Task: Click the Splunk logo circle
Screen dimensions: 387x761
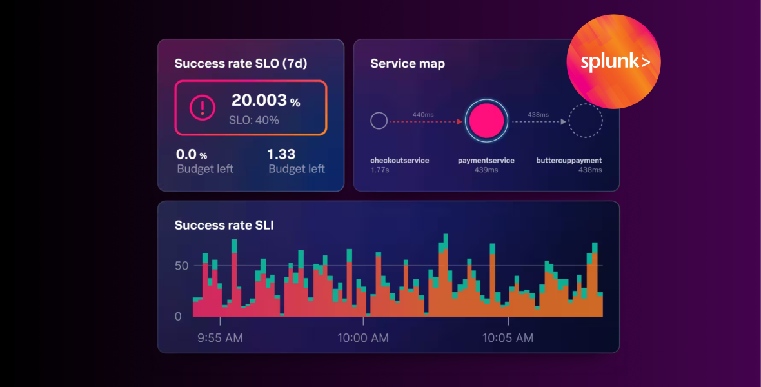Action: [x=613, y=62]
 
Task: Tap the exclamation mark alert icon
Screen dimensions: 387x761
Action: [x=202, y=107]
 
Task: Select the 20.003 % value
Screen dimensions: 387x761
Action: [x=265, y=101]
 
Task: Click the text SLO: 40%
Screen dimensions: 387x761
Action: [x=253, y=120]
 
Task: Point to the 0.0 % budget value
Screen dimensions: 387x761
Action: [x=192, y=155]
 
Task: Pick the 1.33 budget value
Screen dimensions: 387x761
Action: [x=281, y=154]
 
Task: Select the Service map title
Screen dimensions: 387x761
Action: [x=407, y=64]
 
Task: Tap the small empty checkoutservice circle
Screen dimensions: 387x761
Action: [x=379, y=121]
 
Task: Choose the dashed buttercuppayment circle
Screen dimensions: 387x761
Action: [x=585, y=121]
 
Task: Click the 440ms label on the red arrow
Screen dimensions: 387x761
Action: [x=423, y=114]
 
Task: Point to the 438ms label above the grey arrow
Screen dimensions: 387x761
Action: [x=538, y=114]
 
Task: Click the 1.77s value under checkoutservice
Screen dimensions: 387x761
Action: [x=379, y=170]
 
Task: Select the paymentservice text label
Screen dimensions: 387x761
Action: [x=486, y=160]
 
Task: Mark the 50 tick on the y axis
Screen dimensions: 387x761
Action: [x=181, y=266]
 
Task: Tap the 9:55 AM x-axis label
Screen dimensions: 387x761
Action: [x=220, y=337]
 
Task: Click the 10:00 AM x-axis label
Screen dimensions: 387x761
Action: [x=364, y=337]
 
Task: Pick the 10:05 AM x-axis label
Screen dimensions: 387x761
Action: [x=508, y=337]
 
